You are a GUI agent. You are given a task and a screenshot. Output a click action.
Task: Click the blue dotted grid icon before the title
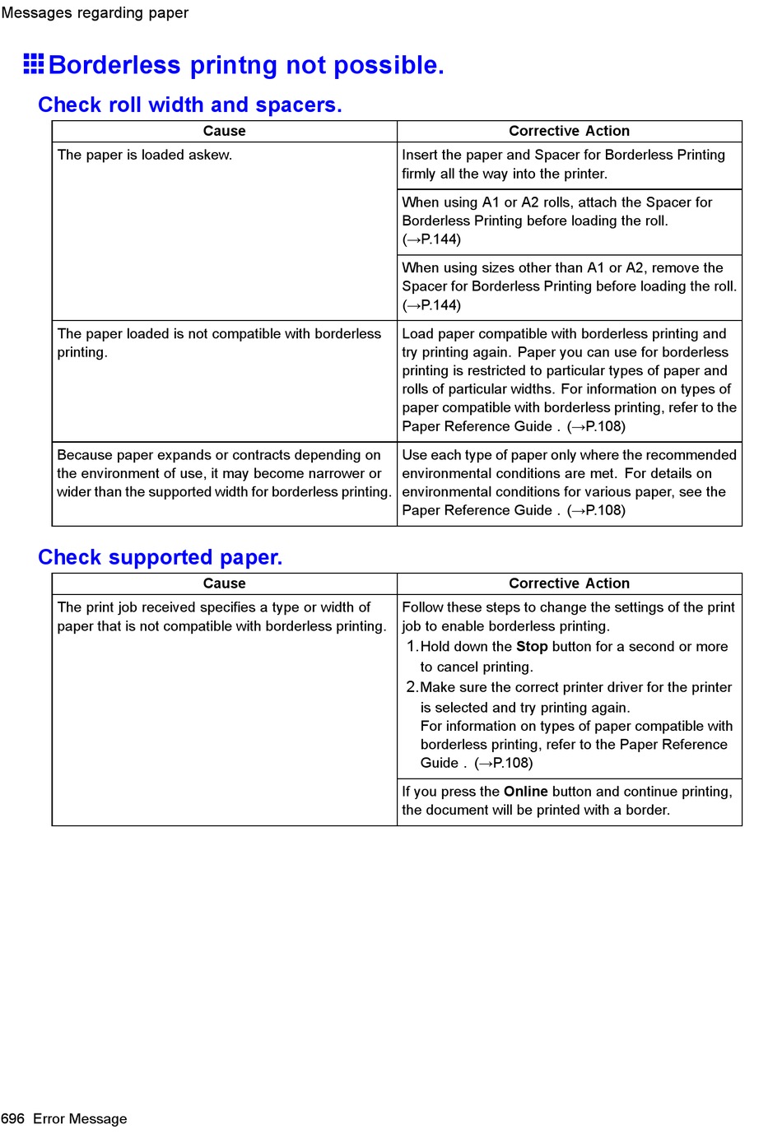click(x=34, y=64)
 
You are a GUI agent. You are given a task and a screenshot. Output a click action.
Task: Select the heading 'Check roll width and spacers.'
click(x=189, y=105)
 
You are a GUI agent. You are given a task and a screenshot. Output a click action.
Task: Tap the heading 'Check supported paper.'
click(x=160, y=558)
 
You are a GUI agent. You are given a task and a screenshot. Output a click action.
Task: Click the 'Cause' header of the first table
click(x=224, y=131)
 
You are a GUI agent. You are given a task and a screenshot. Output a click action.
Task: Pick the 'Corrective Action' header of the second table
click(x=569, y=583)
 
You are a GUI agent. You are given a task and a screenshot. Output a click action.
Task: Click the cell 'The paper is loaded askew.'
click(x=145, y=155)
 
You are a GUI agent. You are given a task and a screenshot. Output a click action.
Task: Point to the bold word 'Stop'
click(x=532, y=647)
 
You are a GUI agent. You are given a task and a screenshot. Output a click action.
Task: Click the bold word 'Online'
click(x=526, y=792)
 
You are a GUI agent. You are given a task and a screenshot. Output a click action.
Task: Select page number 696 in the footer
click(x=13, y=1118)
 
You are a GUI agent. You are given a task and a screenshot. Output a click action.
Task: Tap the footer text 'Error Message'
click(x=80, y=1118)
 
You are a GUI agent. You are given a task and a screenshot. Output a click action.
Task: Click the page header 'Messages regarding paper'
click(x=95, y=12)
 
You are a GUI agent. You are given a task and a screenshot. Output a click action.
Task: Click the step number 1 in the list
click(x=412, y=647)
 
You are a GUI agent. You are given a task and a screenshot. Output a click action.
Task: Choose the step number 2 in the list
click(x=412, y=687)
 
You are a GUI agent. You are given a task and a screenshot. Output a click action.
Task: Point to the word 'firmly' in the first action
click(x=418, y=174)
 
